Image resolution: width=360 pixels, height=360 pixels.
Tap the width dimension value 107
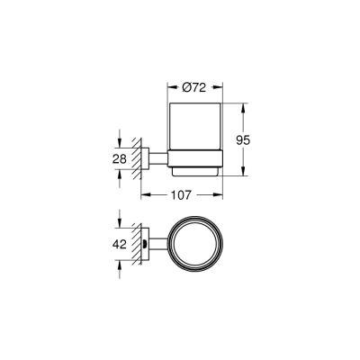click(x=183, y=193)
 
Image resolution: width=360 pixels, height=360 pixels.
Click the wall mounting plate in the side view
click(x=145, y=159)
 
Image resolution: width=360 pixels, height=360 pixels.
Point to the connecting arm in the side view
click(x=157, y=159)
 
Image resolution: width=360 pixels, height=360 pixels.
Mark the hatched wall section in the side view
click(x=138, y=159)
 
